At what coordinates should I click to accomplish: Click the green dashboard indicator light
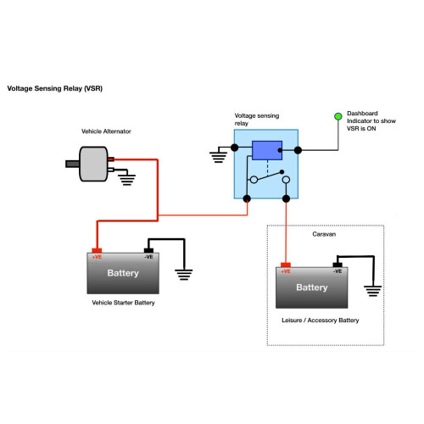(338, 116)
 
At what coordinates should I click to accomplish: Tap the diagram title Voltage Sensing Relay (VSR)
(55, 88)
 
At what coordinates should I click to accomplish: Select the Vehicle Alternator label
(106, 131)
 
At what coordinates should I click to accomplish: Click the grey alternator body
(93, 164)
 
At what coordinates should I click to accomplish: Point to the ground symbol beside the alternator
(126, 180)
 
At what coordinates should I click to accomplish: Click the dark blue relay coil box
(267, 150)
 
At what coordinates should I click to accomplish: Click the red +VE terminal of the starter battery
(97, 250)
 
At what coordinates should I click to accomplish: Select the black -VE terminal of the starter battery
(148, 250)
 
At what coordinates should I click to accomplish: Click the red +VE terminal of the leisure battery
(286, 265)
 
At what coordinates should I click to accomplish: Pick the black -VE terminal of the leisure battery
(338, 265)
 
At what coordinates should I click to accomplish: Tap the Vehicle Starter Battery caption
(123, 303)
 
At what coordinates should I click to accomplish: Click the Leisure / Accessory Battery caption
(321, 321)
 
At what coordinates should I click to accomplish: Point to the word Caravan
(324, 234)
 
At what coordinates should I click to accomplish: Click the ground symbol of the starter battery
(184, 275)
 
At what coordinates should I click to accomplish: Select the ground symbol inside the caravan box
(373, 291)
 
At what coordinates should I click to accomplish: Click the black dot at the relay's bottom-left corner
(247, 198)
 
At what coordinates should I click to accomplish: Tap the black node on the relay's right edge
(298, 150)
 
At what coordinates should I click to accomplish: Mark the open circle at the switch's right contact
(286, 180)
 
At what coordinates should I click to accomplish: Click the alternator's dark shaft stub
(72, 164)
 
